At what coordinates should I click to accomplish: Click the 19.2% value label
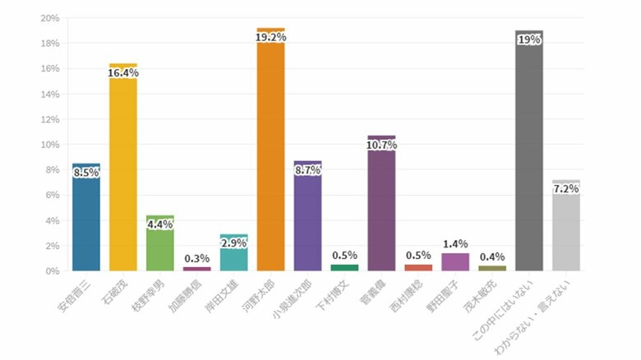270,37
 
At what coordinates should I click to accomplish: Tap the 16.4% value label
123,73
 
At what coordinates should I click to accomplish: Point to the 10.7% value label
381,145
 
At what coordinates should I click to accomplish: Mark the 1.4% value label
454,244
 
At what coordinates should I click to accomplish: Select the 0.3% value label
197,258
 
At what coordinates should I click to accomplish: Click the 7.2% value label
566,189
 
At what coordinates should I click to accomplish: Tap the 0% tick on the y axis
52,271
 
